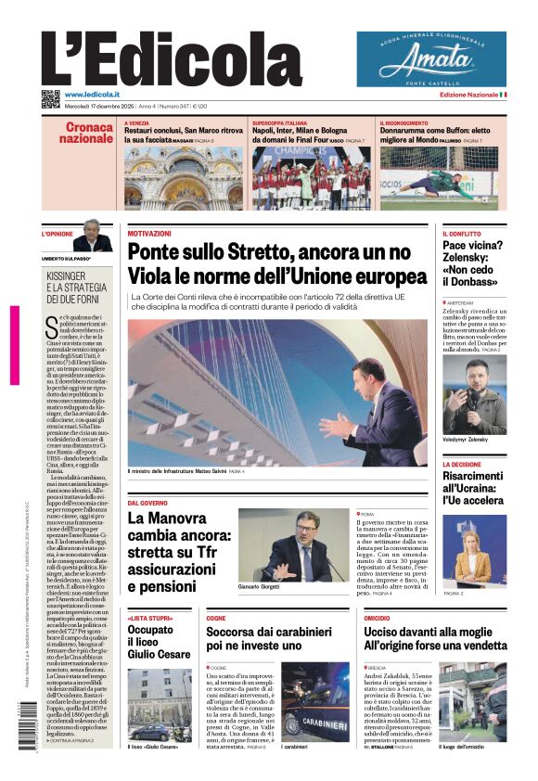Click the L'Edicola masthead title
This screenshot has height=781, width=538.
point(172,61)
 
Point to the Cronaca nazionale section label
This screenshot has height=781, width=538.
point(88,133)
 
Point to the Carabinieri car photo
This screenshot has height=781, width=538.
point(315,701)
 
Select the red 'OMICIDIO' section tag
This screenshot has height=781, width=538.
point(377,617)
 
